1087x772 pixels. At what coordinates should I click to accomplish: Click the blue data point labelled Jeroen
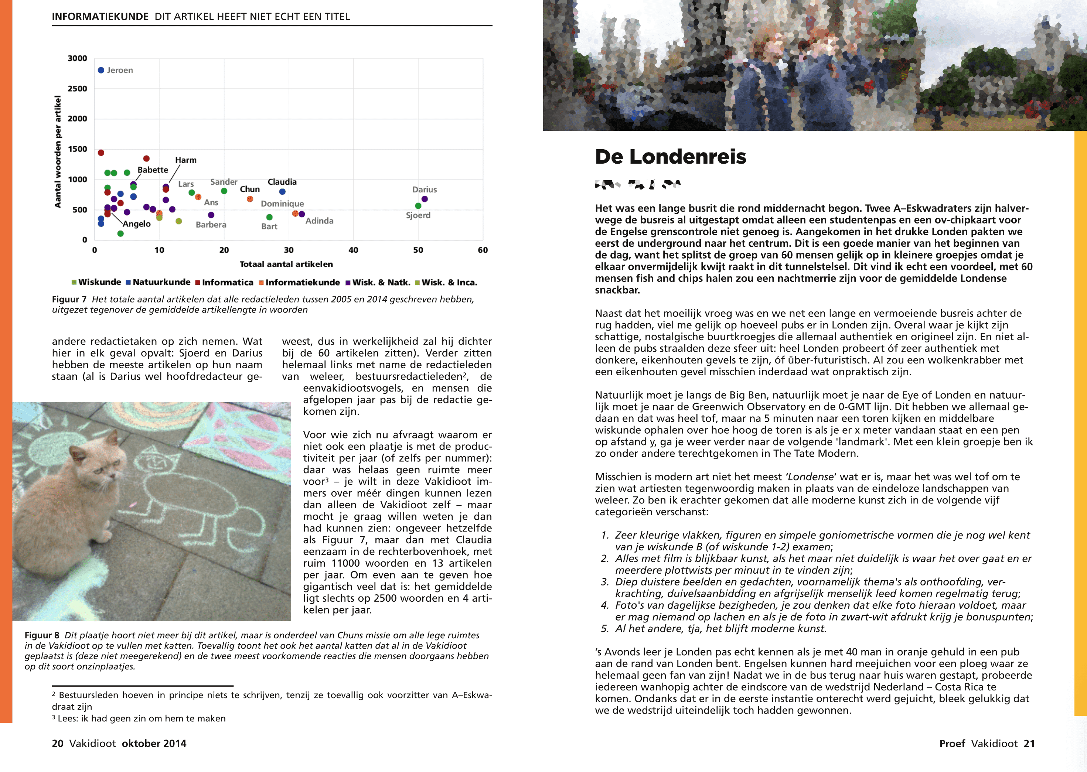[x=101, y=70]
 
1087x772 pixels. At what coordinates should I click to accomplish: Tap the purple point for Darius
[x=425, y=199]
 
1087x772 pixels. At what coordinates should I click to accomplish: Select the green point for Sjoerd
[x=418, y=206]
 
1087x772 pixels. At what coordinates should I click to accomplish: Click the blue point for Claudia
[x=282, y=192]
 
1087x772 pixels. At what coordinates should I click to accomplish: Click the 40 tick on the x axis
[x=353, y=250]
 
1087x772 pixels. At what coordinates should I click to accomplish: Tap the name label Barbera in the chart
[x=211, y=225]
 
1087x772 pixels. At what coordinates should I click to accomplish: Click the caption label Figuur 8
[x=42, y=636]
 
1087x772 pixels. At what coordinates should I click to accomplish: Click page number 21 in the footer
[x=1029, y=744]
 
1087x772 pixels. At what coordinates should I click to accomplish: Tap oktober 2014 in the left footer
[x=154, y=744]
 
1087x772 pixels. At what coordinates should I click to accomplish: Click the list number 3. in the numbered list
[x=605, y=582]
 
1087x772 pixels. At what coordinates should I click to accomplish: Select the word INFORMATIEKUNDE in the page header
[x=100, y=17]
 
